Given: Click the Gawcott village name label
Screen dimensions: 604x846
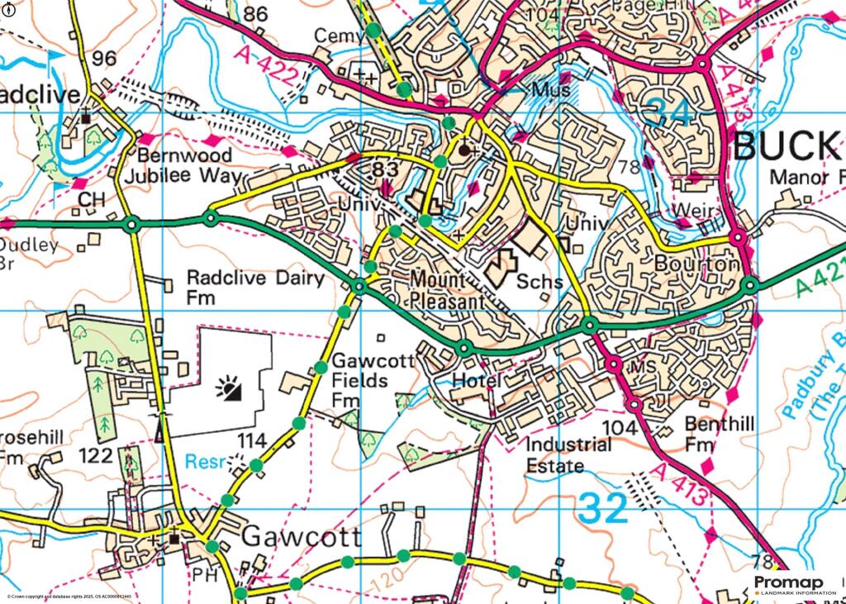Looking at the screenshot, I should pyautogui.click(x=302, y=538).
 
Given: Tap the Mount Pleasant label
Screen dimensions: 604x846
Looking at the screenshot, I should pyautogui.click(x=447, y=292).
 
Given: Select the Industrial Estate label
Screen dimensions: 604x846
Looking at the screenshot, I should pyautogui.click(x=570, y=455).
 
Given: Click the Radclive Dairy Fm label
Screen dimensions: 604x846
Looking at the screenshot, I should pyautogui.click(x=255, y=286).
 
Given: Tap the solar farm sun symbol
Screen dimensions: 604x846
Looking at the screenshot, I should pyautogui.click(x=229, y=388).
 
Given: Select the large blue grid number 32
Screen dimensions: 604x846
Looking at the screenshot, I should pyautogui.click(x=604, y=507).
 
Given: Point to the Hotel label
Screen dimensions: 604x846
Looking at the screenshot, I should pyautogui.click(x=477, y=380).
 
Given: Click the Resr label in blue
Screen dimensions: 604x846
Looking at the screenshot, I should pyautogui.click(x=205, y=463).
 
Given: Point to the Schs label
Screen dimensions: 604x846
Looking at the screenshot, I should pyautogui.click(x=539, y=282).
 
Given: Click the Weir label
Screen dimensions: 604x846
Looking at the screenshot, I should pyautogui.click(x=692, y=212).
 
